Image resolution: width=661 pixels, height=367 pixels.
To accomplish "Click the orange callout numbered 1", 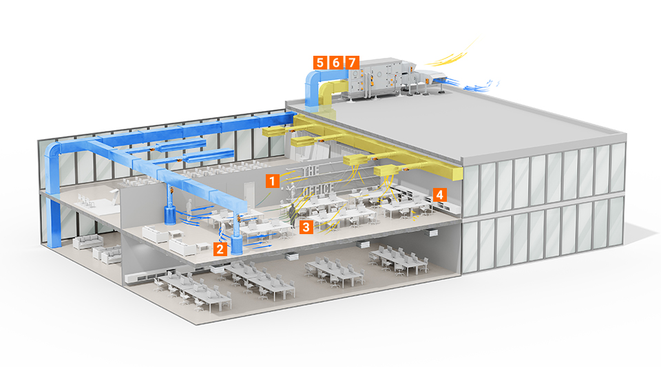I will (x=273, y=181).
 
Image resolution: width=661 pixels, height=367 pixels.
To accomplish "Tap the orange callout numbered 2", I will (x=220, y=249).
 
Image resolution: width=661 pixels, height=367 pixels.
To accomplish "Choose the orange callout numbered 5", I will (x=319, y=63).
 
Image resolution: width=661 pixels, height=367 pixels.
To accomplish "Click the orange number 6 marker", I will (x=336, y=63).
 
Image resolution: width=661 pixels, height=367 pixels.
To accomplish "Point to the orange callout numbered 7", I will (x=353, y=63).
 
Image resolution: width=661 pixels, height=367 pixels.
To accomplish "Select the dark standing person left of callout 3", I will (x=292, y=214).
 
